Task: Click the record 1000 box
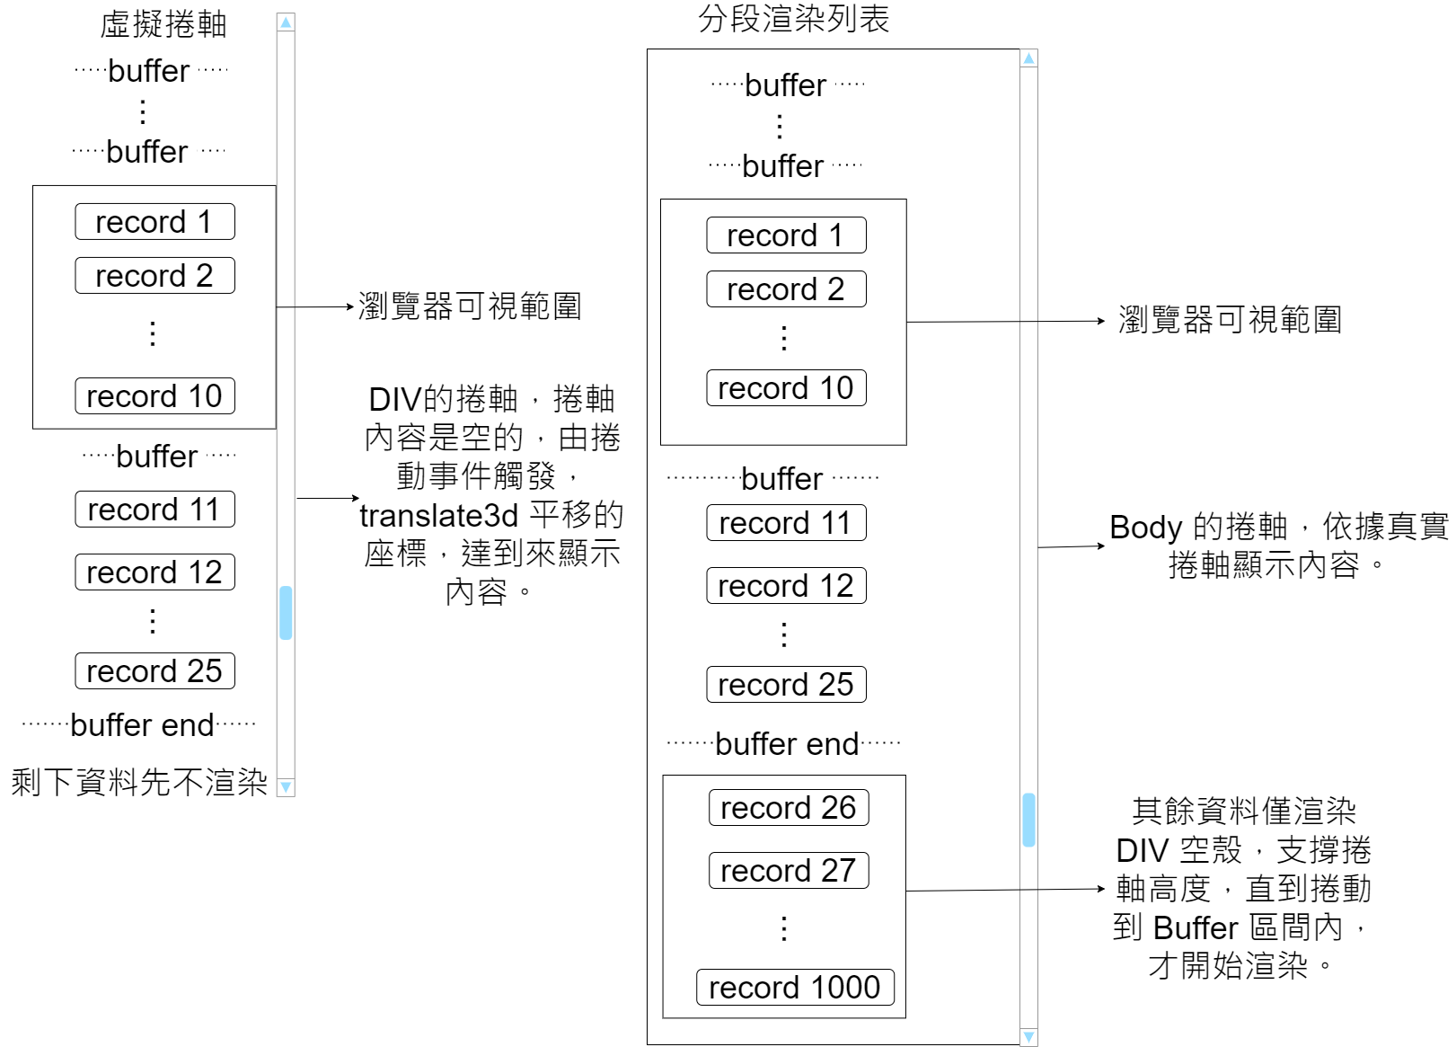795,987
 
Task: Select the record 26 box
788,807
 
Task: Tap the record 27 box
788,870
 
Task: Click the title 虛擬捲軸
163,24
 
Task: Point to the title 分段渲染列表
793,19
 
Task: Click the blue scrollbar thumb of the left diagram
286,612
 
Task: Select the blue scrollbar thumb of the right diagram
1028,820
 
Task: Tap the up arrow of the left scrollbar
286,22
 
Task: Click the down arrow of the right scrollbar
1029,1037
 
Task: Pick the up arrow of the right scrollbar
1029,58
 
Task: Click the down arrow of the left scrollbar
286,787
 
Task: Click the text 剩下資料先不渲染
139,782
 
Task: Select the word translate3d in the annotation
439,516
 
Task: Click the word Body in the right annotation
1145,528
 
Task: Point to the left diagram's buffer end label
142,724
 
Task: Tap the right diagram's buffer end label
787,744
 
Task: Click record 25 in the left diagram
154,670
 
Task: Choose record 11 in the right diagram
786,522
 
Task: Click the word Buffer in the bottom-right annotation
1195,927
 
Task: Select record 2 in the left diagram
154,275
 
